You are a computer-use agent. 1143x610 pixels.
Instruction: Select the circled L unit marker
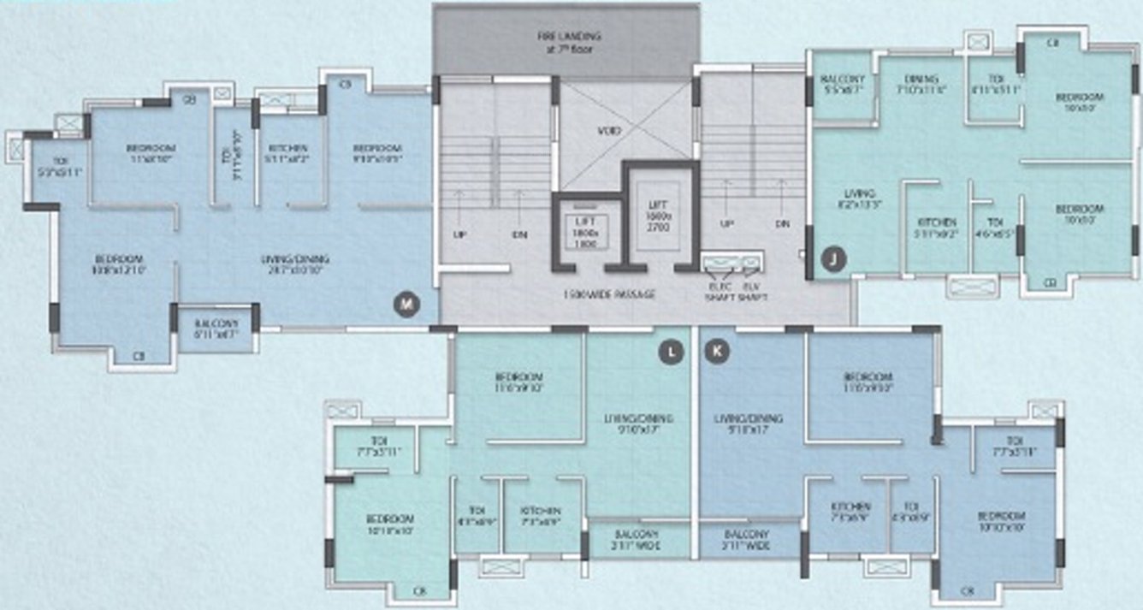(x=672, y=350)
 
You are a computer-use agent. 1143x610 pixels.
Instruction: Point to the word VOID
(x=610, y=131)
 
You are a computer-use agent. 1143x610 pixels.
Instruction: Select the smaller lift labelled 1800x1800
(x=586, y=232)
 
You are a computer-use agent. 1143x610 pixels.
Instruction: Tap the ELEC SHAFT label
(x=722, y=292)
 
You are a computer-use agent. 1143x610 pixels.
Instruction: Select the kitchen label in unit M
(x=287, y=152)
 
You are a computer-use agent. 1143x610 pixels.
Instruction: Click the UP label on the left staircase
(x=459, y=232)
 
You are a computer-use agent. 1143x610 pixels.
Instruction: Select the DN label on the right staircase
(x=782, y=223)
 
